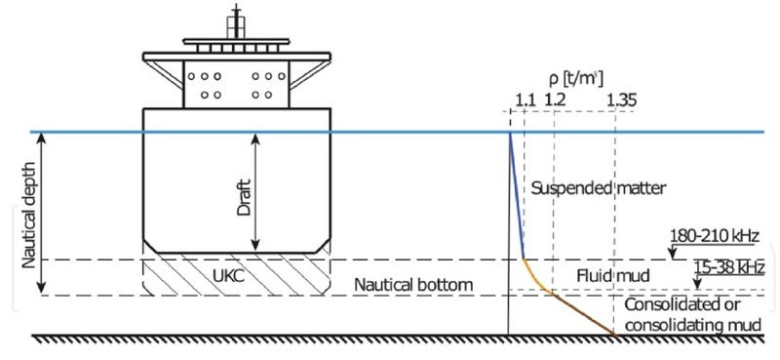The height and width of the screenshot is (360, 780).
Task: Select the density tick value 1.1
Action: pos(525,99)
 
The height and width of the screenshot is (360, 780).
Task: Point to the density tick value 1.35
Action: pos(618,99)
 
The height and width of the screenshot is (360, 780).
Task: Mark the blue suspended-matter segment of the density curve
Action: pos(517,195)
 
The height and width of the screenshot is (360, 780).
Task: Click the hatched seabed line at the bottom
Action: pos(390,338)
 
